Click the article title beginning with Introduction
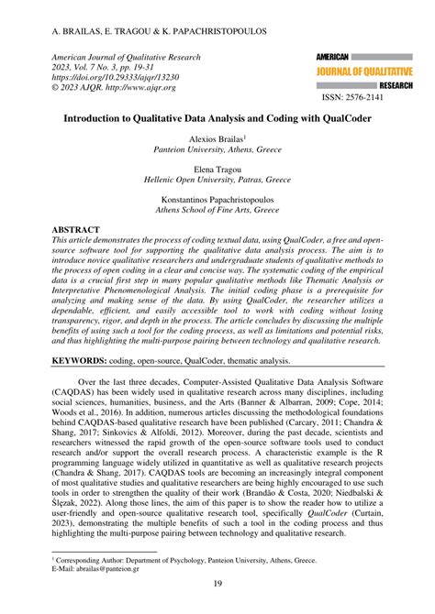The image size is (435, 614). coord(217,118)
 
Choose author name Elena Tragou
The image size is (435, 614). coord(217,170)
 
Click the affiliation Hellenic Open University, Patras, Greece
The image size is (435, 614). coord(217,181)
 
